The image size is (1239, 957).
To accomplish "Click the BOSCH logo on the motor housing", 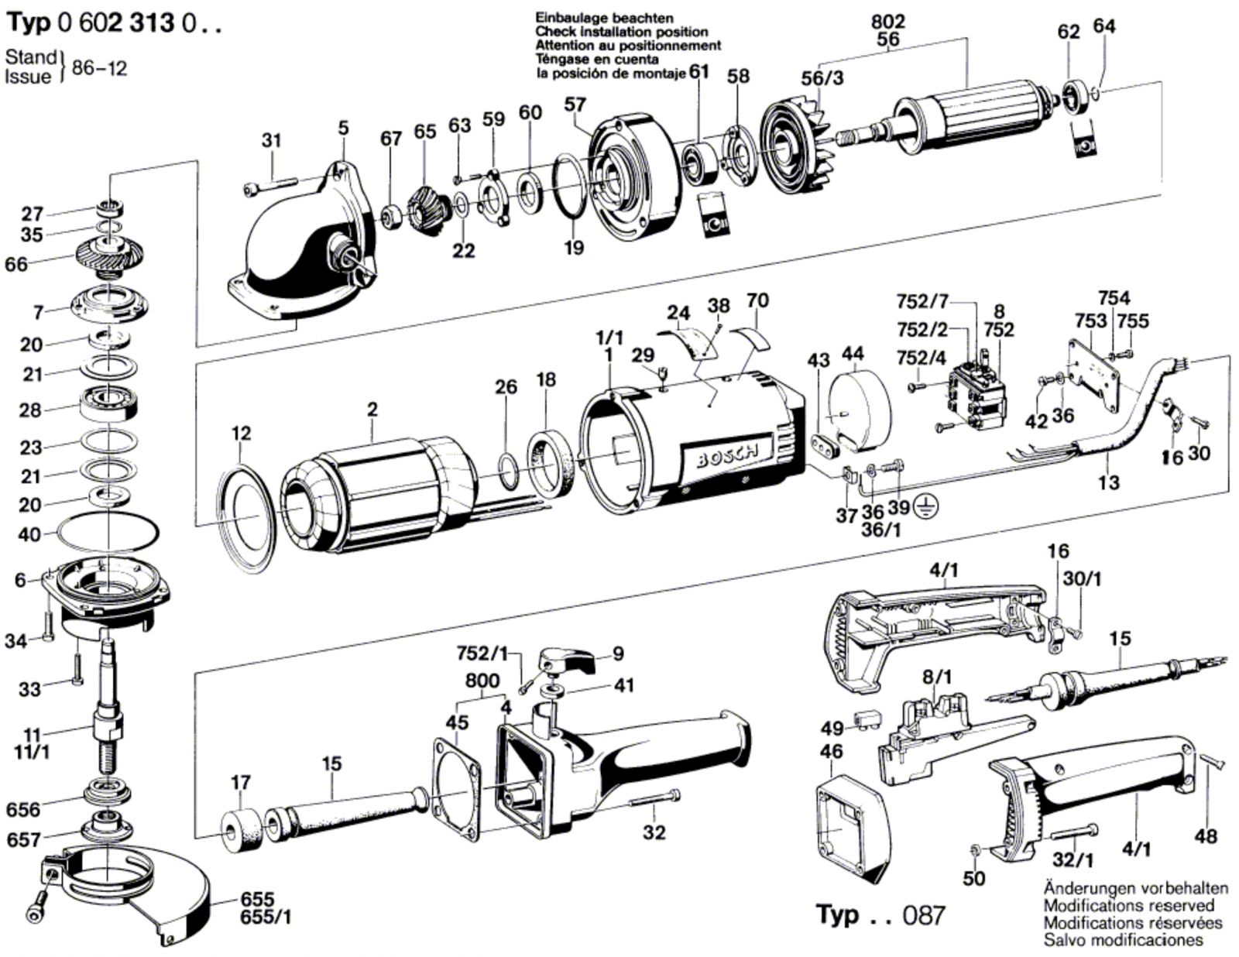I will (x=727, y=457).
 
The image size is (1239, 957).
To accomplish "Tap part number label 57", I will (x=575, y=105).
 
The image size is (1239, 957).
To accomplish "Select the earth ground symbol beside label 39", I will (x=922, y=507).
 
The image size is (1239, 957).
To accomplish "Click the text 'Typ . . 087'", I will (x=880, y=914).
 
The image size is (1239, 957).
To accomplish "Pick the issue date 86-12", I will (x=99, y=67).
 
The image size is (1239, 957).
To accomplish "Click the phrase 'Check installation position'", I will (x=621, y=32).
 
